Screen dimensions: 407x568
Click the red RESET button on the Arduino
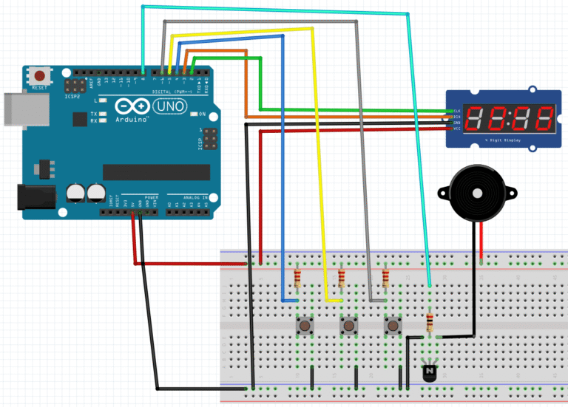click(39, 75)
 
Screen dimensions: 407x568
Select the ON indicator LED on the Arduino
click(194, 114)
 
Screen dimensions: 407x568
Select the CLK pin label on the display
click(457, 110)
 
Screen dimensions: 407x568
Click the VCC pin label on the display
click(457, 128)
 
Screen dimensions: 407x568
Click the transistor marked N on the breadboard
click(429, 373)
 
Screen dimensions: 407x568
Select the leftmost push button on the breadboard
click(304, 325)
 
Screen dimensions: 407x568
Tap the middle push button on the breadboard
click(348, 325)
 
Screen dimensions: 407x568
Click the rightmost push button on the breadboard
click(392, 325)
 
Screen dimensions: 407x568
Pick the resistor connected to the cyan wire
click(430, 323)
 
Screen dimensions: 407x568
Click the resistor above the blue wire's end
click(297, 278)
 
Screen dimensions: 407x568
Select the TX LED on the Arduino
click(101, 113)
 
